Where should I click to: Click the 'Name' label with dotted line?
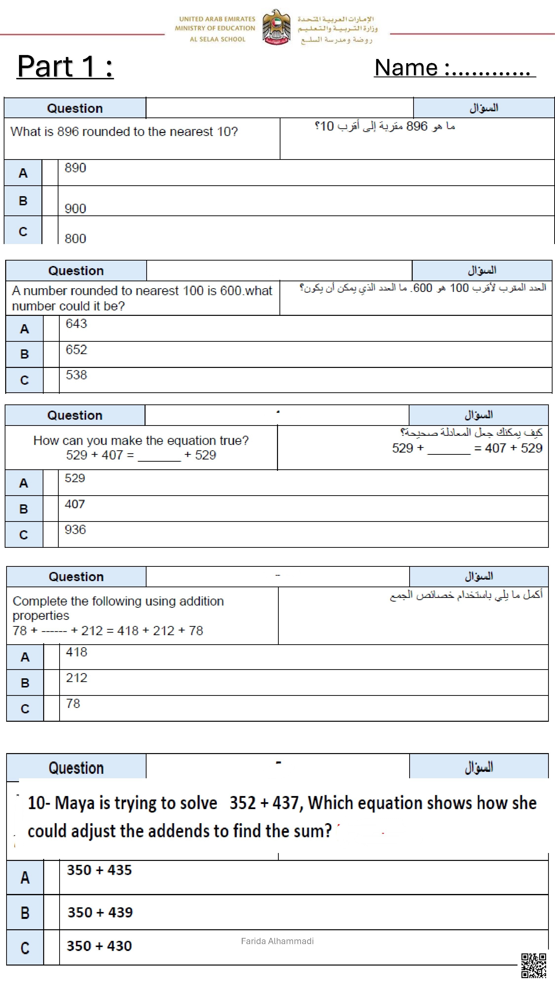coord(454,68)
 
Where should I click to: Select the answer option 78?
coord(73,703)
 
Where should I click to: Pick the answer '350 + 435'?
coord(99,870)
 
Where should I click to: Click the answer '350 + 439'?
coord(100,912)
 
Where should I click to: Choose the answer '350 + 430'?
coord(99,946)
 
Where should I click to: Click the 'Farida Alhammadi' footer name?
coord(277,941)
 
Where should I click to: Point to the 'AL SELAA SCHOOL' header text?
coord(217,39)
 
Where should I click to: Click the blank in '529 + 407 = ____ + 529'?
coord(159,456)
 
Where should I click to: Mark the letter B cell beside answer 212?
coord(25,683)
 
